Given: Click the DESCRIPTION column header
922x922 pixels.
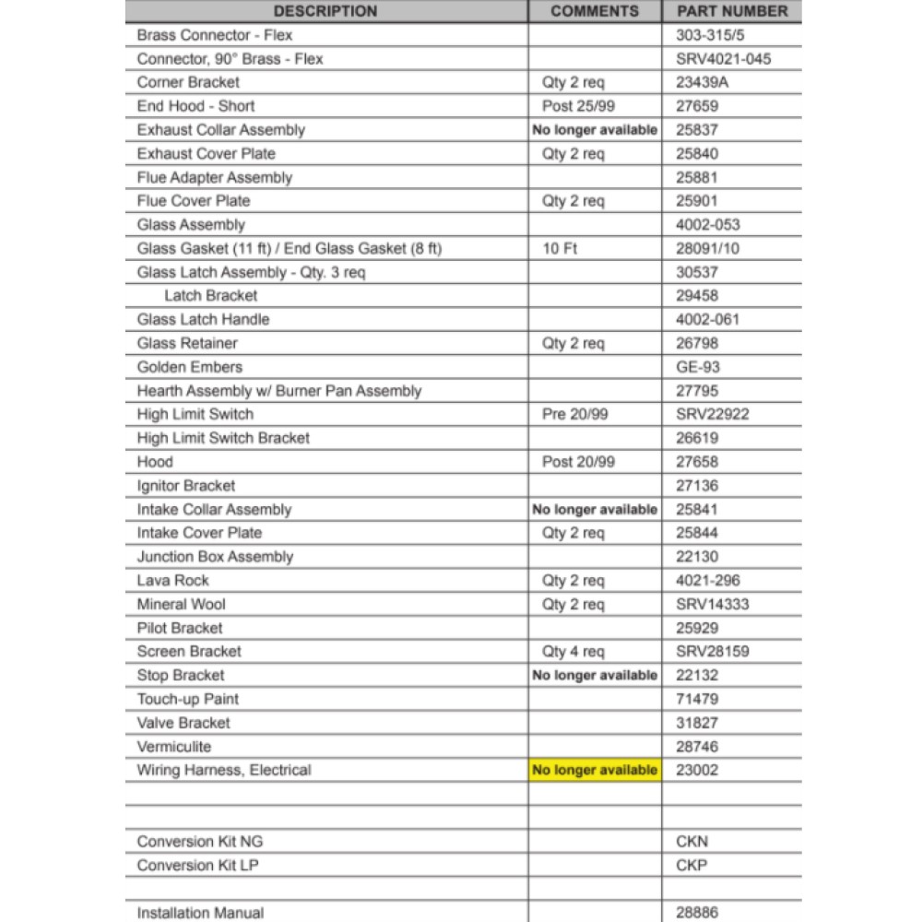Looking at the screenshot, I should (x=325, y=11).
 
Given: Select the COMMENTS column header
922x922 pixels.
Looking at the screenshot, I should (x=595, y=11).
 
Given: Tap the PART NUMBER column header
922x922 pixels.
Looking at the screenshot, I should (x=732, y=11).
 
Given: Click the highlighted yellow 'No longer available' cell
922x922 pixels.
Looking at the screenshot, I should (x=595, y=770).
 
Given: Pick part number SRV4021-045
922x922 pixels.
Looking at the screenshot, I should (x=724, y=59).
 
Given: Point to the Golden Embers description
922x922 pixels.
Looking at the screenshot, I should (x=190, y=367).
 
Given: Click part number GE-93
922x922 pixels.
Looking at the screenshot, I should (x=698, y=367).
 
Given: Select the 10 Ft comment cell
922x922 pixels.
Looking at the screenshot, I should (x=561, y=249).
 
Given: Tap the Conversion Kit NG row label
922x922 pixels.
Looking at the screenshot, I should (x=200, y=842).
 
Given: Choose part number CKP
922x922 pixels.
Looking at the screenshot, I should (x=691, y=866).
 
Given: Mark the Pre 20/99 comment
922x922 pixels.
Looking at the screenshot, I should (x=575, y=414).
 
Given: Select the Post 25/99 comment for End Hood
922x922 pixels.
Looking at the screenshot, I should (x=578, y=106).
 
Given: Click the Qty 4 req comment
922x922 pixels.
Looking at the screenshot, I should (x=573, y=652).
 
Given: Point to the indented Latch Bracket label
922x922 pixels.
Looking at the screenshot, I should (x=211, y=296).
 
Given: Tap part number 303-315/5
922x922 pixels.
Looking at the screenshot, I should (x=711, y=35).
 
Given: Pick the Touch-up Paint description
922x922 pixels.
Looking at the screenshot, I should (x=188, y=699).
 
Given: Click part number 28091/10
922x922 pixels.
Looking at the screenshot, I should (x=707, y=249).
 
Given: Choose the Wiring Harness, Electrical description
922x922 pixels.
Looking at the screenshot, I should (x=224, y=770).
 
